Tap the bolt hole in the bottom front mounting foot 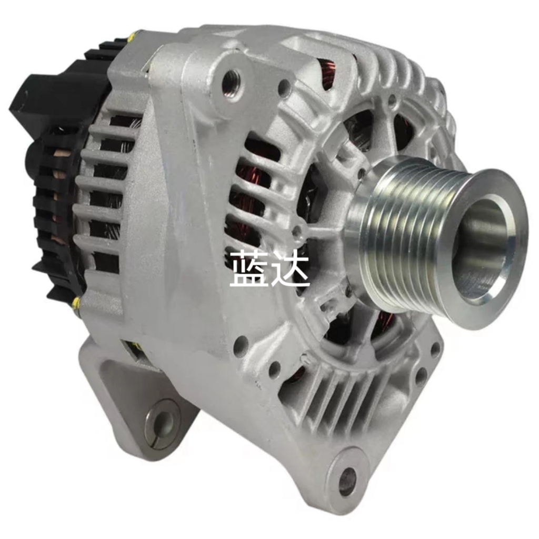[x=347, y=481]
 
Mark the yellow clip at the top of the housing [x=132, y=37]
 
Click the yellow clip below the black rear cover [x=77, y=302]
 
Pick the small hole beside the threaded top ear [x=285, y=87]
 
